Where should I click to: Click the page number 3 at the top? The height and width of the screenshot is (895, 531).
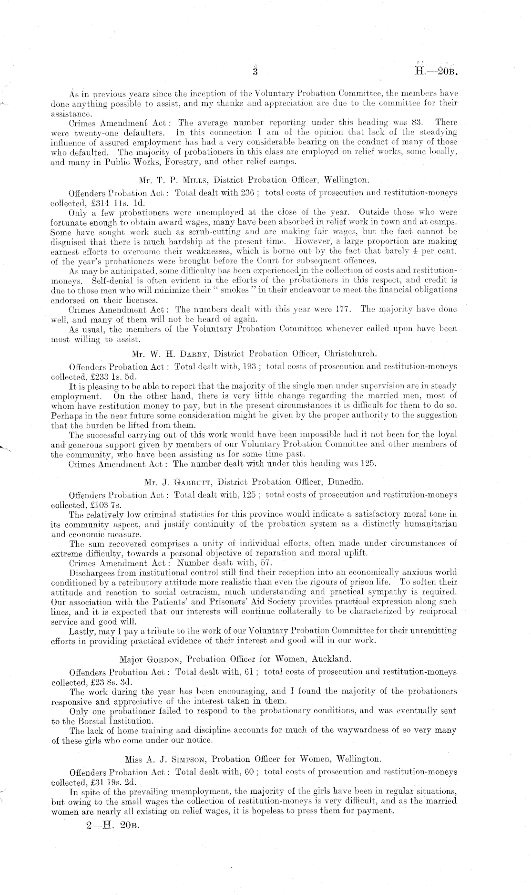click(x=255, y=72)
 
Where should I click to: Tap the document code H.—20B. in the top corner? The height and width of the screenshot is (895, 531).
click(x=436, y=73)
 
